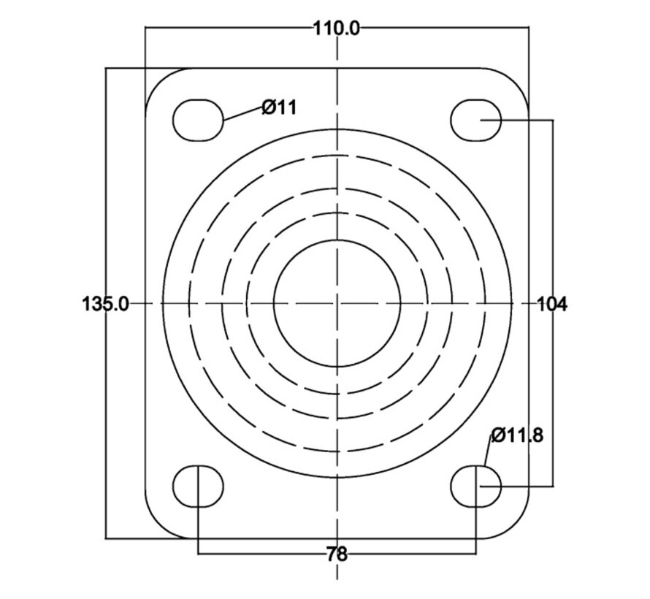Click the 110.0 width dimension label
[x=336, y=29]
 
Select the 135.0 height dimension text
[x=105, y=304]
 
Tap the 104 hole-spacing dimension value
[x=552, y=305]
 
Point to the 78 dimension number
[x=337, y=554]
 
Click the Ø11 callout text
[x=280, y=108]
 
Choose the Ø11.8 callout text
[x=517, y=435]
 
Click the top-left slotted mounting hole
[x=198, y=121]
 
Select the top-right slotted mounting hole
[x=476, y=120]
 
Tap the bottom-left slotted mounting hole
[x=198, y=486]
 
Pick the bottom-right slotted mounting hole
[x=476, y=486]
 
